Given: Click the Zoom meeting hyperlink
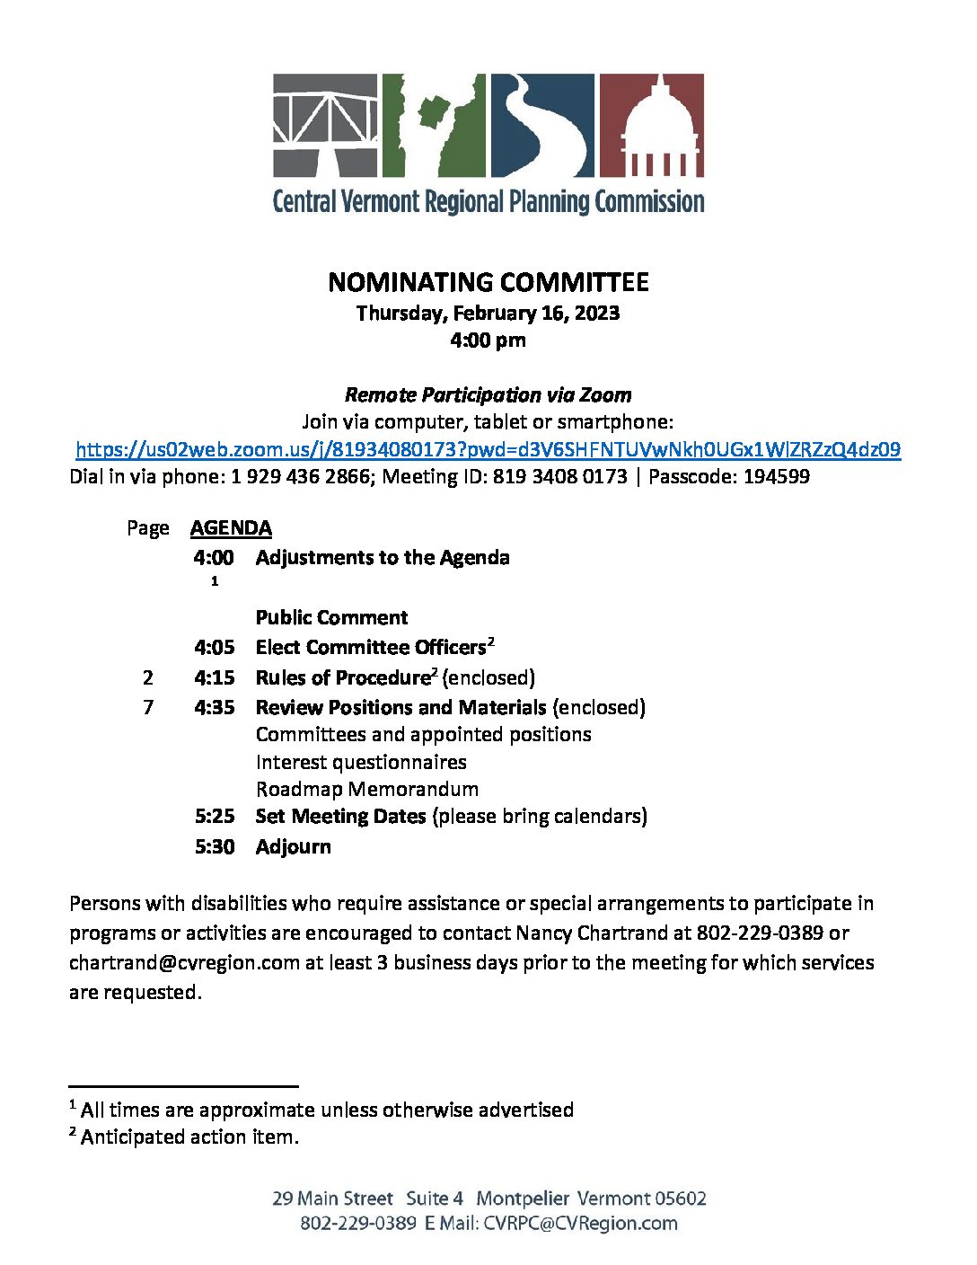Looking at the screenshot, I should [x=488, y=449].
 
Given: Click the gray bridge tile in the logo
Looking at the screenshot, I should [x=325, y=125].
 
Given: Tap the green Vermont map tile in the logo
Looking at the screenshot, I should [x=434, y=125].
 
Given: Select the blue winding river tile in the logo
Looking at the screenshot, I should [x=541, y=125].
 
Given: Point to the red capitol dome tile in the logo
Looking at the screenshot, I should [x=651, y=125].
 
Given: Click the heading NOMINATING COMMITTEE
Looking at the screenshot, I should [x=488, y=282].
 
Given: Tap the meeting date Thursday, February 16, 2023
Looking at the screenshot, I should [x=488, y=313].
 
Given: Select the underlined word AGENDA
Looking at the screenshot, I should [x=231, y=527].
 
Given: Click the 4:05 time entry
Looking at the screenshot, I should [x=214, y=647].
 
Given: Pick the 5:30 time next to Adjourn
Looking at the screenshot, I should [x=214, y=846].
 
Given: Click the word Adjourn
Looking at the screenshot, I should [x=293, y=846].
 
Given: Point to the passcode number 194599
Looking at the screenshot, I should [x=776, y=476].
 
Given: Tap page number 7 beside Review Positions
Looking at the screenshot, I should [x=148, y=707].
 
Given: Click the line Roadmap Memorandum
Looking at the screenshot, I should [x=366, y=789].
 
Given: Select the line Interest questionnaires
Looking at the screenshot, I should [x=361, y=762].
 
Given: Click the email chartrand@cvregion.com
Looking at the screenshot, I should [x=184, y=962].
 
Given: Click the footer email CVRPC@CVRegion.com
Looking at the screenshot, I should [x=580, y=1223].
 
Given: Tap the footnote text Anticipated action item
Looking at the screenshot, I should [x=189, y=1137].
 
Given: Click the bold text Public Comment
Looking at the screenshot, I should [x=331, y=617].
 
